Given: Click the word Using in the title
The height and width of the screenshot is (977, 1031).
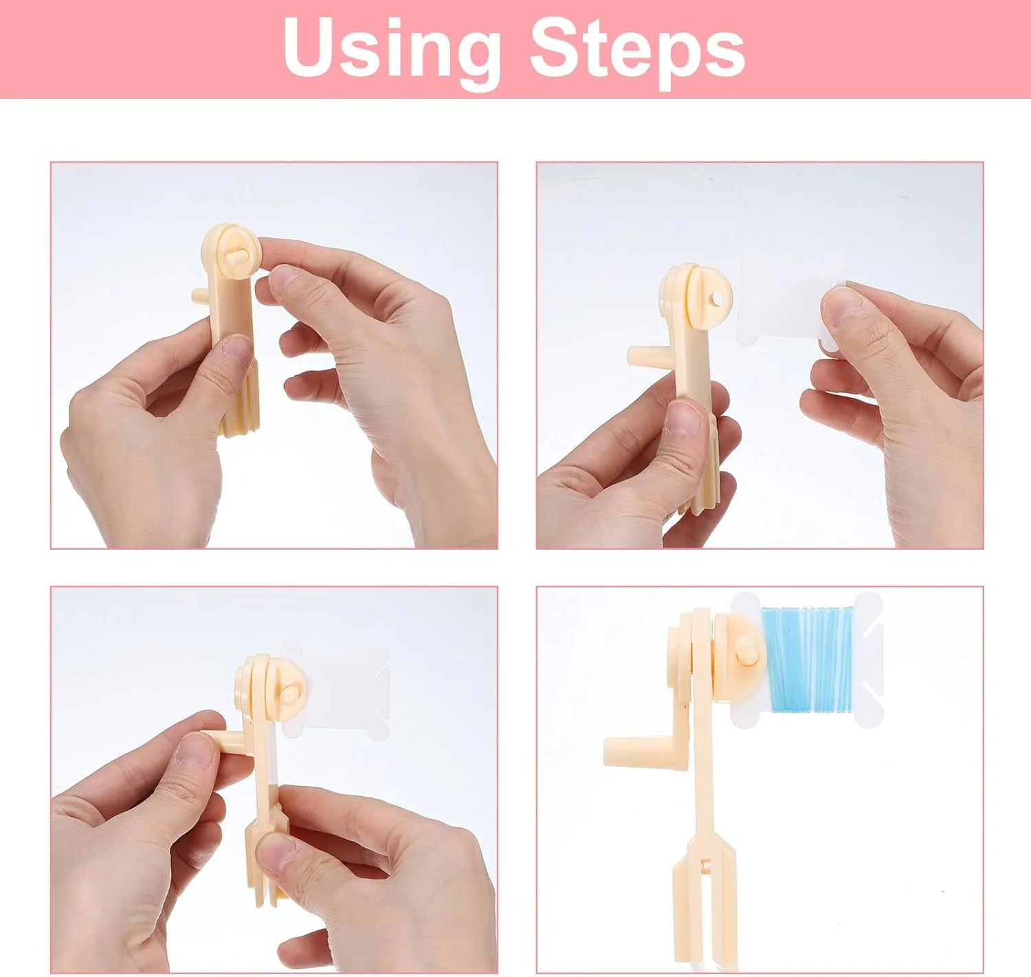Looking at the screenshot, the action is (392, 52).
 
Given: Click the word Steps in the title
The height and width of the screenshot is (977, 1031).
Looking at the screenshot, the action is (638, 52).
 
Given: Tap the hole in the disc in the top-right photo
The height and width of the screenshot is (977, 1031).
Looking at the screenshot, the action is (718, 299).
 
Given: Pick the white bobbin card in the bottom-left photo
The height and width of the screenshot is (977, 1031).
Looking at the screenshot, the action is (335, 693).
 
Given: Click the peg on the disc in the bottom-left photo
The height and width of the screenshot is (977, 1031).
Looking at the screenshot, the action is (289, 695).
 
